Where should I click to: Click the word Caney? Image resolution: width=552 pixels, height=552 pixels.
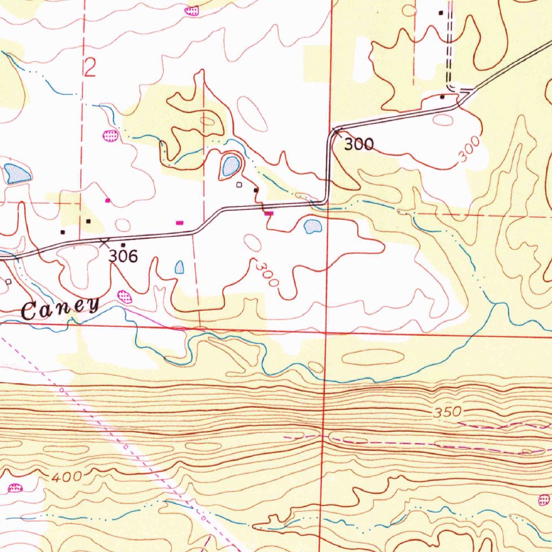tap(60, 309)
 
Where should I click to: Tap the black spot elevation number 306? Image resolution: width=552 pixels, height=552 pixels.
tap(123, 256)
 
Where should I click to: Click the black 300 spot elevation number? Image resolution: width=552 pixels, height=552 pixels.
tap(358, 144)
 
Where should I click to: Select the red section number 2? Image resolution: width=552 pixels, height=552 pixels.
tap(89, 68)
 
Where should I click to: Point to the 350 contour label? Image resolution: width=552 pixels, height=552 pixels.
tap(447, 412)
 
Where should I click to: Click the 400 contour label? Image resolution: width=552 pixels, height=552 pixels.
tap(67, 477)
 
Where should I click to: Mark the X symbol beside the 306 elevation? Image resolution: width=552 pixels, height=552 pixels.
tap(104, 243)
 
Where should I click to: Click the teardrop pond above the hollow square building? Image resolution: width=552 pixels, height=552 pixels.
tap(230, 166)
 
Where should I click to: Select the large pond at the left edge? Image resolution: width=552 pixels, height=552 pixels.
tap(16, 173)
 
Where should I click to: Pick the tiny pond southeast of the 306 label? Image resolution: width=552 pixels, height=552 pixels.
tap(179, 267)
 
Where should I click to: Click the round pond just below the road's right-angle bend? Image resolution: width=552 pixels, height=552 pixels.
tap(313, 226)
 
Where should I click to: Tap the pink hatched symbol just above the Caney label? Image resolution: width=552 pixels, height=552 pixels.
tap(125, 296)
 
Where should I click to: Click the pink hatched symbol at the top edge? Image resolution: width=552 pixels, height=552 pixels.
tap(191, 10)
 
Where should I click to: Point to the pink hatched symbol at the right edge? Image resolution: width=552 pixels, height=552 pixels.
tap(544, 501)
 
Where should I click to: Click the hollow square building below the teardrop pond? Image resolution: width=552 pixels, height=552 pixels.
tap(239, 185)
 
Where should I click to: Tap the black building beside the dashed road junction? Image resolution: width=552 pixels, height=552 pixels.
tap(442, 97)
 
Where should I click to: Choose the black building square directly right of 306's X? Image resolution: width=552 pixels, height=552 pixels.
tap(123, 245)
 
